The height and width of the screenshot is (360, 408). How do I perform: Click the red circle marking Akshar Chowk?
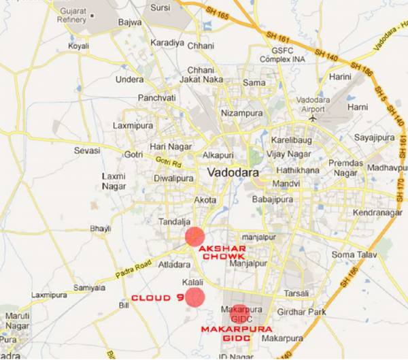point(194,237)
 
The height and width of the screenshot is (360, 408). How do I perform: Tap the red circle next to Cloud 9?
point(195,297)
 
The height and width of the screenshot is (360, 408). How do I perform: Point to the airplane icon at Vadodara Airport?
point(312,116)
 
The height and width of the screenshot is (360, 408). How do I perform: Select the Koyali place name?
point(80,46)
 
